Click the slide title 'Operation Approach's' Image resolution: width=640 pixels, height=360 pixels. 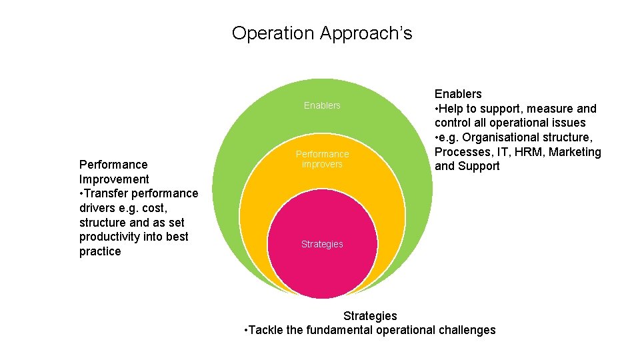click(x=322, y=33)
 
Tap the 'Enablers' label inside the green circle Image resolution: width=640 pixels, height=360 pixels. click(x=322, y=105)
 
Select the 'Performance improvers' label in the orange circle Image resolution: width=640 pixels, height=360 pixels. click(x=322, y=159)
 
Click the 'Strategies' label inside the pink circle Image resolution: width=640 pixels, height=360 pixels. click(x=322, y=244)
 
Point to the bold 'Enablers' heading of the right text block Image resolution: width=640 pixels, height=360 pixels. click(x=458, y=94)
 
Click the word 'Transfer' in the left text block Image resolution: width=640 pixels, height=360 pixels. click(x=107, y=193)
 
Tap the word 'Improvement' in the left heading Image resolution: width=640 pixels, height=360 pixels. click(x=114, y=179)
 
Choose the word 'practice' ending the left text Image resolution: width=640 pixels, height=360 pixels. click(x=100, y=251)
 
